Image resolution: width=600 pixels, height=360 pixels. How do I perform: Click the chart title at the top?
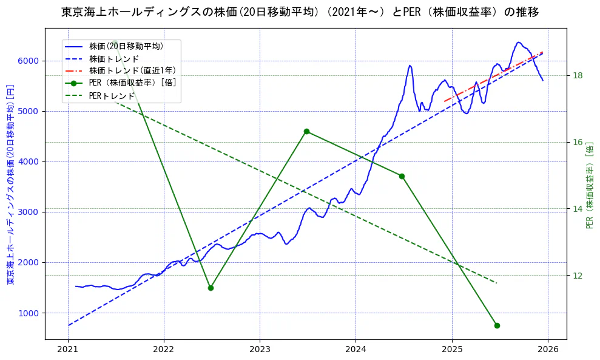click(x=300, y=12)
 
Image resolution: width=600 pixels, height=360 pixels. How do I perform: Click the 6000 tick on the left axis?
click(x=29, y=61)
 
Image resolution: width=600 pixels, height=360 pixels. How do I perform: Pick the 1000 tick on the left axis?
click(x=29, y=313)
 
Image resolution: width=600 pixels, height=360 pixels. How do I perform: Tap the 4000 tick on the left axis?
click(x=29, y=161)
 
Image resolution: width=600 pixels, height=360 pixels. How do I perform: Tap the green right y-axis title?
click(x=589, y=185)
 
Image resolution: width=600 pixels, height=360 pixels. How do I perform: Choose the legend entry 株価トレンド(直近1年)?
click(x=132, y=70)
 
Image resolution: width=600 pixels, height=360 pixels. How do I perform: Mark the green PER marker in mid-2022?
click(x=211, y=288)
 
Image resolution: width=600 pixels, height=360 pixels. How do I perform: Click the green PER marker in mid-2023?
click(x=306, y=131)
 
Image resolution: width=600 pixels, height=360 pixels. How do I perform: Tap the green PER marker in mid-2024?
click(x=402, y=176)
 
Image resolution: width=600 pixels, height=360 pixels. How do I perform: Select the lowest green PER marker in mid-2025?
click(x=497, y=325)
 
